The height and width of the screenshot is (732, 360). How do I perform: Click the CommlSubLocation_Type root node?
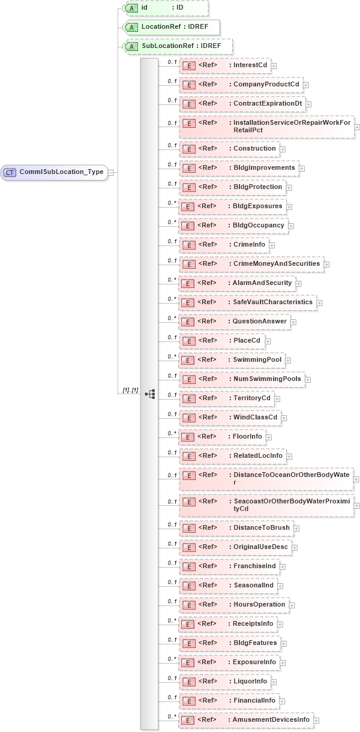(x=55, y=172)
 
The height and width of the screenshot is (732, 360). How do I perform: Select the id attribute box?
(x=165, y=8)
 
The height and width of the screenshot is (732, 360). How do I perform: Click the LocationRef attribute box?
(x=170, y=27)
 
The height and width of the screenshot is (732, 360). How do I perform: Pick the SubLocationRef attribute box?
(x=177, y=46)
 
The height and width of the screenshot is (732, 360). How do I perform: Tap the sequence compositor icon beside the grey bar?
(x=150, y=394)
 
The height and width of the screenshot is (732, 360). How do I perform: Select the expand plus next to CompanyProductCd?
(x=306, y=85)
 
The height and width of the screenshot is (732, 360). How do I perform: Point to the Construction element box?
(x=229, y=149)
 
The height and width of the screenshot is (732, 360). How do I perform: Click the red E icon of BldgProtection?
(x=189, y=187)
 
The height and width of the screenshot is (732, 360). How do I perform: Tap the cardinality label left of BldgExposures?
(x=172, y=203)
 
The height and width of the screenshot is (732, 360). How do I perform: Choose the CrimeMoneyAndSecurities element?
(x=251, y=264)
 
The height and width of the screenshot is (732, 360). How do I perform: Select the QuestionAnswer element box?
(x=234, y=322)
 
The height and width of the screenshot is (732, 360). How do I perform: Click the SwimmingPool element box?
(x=231, y=360)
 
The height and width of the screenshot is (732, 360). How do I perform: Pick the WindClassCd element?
(x=230, y=418)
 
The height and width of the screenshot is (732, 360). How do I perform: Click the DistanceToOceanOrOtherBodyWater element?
(x=266, y=478)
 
